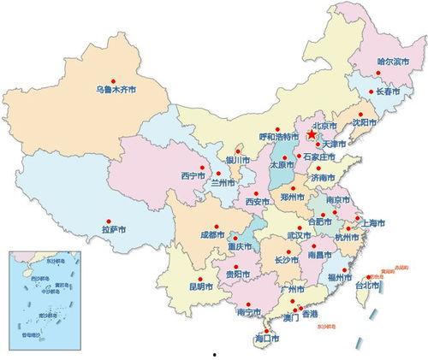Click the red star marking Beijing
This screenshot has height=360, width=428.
tap(310, 135)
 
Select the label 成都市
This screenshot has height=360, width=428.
tap(213, 233)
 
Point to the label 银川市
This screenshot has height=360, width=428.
tap(236, 160)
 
